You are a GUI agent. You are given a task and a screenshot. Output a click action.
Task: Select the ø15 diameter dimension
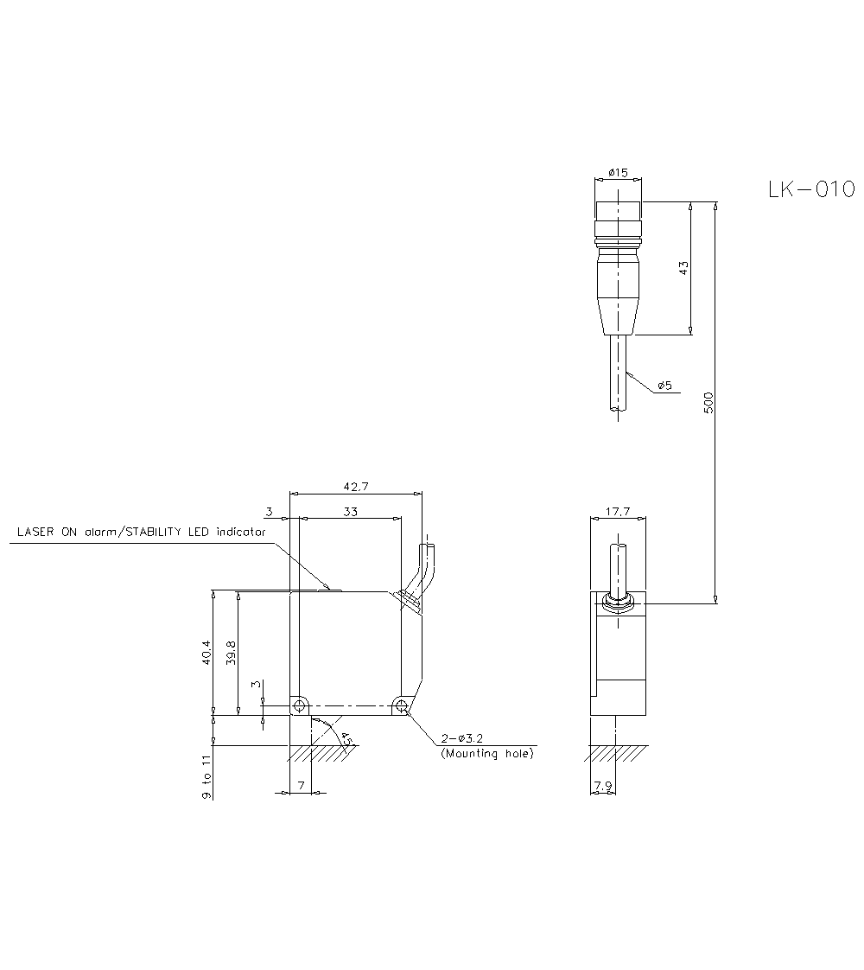(x=617, y=173)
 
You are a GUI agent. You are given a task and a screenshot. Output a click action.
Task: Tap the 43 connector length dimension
(x=683, y=268)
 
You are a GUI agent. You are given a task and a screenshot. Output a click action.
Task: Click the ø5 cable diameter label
(x=664, y=386)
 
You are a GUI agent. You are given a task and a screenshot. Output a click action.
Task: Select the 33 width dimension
(x=350, y=512)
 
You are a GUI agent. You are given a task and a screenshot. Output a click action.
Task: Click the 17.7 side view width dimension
(x=617, y=512)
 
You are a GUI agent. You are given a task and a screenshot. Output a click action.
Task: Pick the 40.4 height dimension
(x=205, y=654)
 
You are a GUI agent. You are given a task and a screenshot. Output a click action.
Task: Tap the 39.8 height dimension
(x=231, y=654)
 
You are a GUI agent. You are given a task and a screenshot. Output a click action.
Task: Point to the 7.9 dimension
(x=602, y=786)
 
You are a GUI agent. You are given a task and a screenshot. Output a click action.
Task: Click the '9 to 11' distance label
(x=206, y=775)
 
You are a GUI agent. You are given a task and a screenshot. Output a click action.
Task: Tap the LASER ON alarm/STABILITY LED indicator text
(x=141, y=532)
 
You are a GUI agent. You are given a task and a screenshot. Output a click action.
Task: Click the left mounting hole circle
(x=299, y=706)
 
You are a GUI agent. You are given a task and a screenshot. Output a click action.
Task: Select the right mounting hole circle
(x=401, y=706)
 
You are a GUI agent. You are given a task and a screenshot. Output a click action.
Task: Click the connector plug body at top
(x=618, y=268)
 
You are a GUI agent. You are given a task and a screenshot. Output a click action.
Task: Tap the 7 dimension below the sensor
(x=300, y=785)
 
